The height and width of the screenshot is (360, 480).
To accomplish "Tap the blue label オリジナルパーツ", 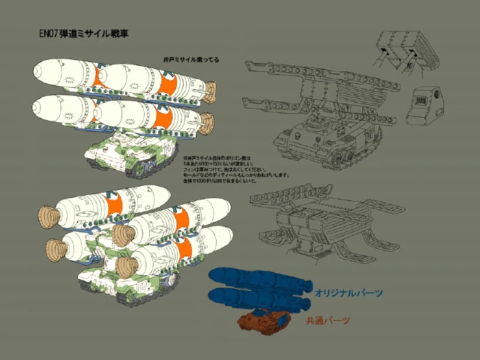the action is click(x=349, y=292).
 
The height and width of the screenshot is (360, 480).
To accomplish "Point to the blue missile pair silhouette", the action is click(x=259, y=289).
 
